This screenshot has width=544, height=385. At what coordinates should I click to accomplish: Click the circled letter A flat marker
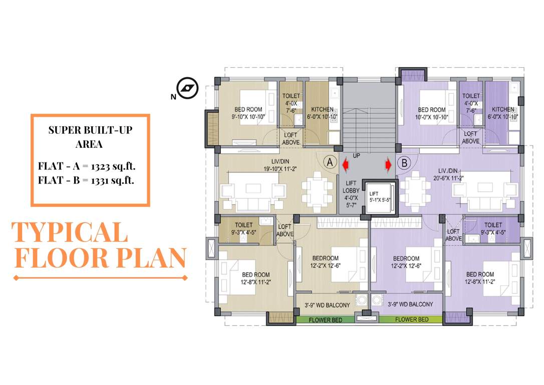pos(329,162)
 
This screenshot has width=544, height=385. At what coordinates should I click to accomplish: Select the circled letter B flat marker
pos(404,162)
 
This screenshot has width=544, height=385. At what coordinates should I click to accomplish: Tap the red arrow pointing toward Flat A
pos(345,163)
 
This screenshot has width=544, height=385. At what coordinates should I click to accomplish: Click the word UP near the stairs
pos(357,155)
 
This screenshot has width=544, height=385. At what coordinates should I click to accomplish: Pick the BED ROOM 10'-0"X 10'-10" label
pos(431,113)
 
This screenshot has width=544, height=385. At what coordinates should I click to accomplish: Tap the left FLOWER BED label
pos(326,319)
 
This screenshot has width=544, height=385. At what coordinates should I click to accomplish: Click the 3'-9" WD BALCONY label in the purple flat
pos(410,304)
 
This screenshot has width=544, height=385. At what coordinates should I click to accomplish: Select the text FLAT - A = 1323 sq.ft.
pos(86,166)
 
